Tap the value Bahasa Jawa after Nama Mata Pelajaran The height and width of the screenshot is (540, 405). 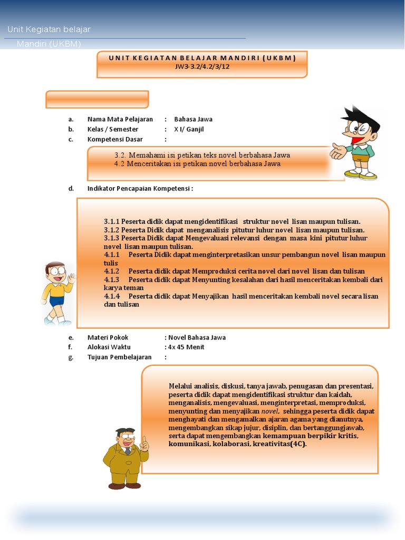(x=193, y=119)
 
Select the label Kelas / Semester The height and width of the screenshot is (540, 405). (x=113, y=129)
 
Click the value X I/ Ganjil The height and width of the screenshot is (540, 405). (x=189, y=129)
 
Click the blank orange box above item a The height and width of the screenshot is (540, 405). (x=97, y=99)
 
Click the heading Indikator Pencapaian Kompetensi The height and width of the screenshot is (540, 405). (x=140, y=188)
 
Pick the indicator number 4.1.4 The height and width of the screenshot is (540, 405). (x=112, y=296)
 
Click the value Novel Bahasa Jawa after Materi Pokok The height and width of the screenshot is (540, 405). (x=197, y=337)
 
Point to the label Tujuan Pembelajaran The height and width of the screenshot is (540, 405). (x=119, y=357)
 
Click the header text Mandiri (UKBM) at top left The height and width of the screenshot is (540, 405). (x=49, y=44)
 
